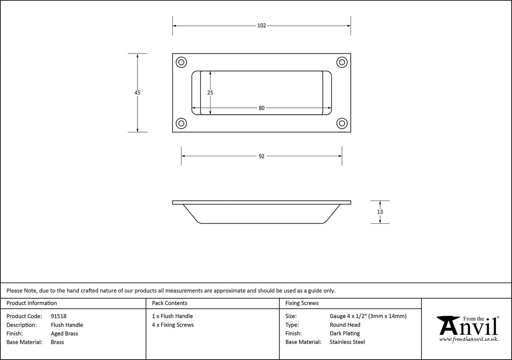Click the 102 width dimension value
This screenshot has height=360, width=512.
[261, 26]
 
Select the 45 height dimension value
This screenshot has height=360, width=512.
[137, 92]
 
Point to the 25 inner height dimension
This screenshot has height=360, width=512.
[210, 92]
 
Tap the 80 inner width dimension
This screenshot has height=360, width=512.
[261, 108]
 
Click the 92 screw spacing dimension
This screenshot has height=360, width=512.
[261, 156]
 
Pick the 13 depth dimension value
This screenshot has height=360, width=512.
[380, 212]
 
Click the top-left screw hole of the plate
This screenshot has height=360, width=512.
[181, 62]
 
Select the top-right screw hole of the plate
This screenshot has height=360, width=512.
[342, 62]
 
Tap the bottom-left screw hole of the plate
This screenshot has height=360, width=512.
[181, 123]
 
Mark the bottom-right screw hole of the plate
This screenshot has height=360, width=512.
[342, 123]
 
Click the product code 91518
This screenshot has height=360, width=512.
[58, 316]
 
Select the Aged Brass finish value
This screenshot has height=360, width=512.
[64, 333]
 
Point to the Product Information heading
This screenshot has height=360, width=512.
[32, 303]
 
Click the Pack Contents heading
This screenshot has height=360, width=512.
[170, 303]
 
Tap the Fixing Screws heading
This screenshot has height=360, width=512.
[302, 303]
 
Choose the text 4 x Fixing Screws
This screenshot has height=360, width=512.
[173, 325]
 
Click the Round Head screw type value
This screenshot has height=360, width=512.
[345, 325]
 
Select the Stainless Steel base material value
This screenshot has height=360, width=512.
[348, 342]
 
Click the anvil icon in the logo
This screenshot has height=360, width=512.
[448, 325]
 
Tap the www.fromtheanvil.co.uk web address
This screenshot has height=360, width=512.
[468, 339]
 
